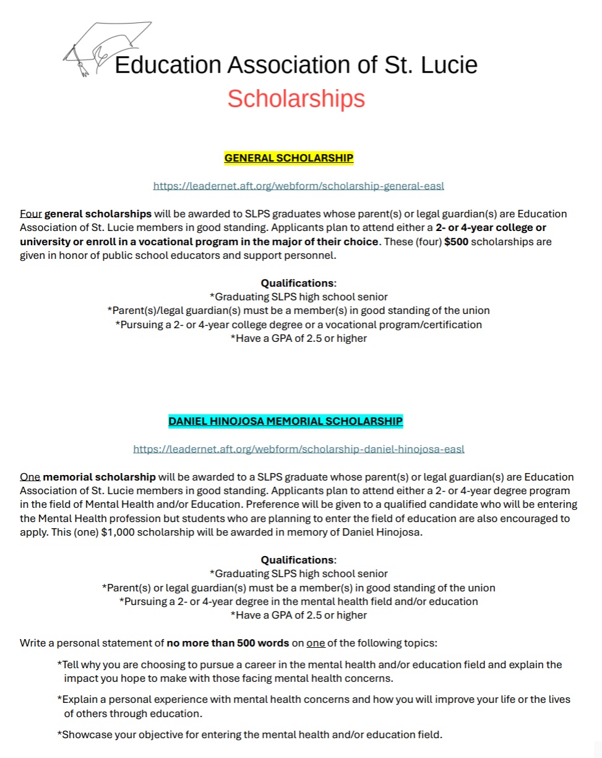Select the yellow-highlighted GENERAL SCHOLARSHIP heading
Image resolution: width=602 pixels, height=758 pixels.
289,159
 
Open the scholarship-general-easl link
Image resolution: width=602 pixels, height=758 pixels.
299,186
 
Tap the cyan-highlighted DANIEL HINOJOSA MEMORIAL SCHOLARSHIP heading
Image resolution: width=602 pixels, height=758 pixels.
286,422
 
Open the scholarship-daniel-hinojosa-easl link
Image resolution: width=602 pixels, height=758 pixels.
299,449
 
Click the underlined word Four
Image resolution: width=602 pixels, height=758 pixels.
30,214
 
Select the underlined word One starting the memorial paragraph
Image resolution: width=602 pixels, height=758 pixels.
30,477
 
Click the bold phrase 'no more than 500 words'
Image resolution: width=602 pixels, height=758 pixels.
228,643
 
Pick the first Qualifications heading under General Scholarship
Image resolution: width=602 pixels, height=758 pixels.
298,283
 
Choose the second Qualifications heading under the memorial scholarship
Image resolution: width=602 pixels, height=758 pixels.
298,560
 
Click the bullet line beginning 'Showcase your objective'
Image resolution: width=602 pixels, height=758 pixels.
250,735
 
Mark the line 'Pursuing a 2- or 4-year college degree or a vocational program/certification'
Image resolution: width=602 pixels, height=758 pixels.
299,325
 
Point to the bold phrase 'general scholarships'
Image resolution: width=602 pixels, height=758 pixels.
98,214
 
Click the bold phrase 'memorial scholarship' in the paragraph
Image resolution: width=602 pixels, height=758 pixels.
99,477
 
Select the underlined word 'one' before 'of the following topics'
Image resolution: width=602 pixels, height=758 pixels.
316,643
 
